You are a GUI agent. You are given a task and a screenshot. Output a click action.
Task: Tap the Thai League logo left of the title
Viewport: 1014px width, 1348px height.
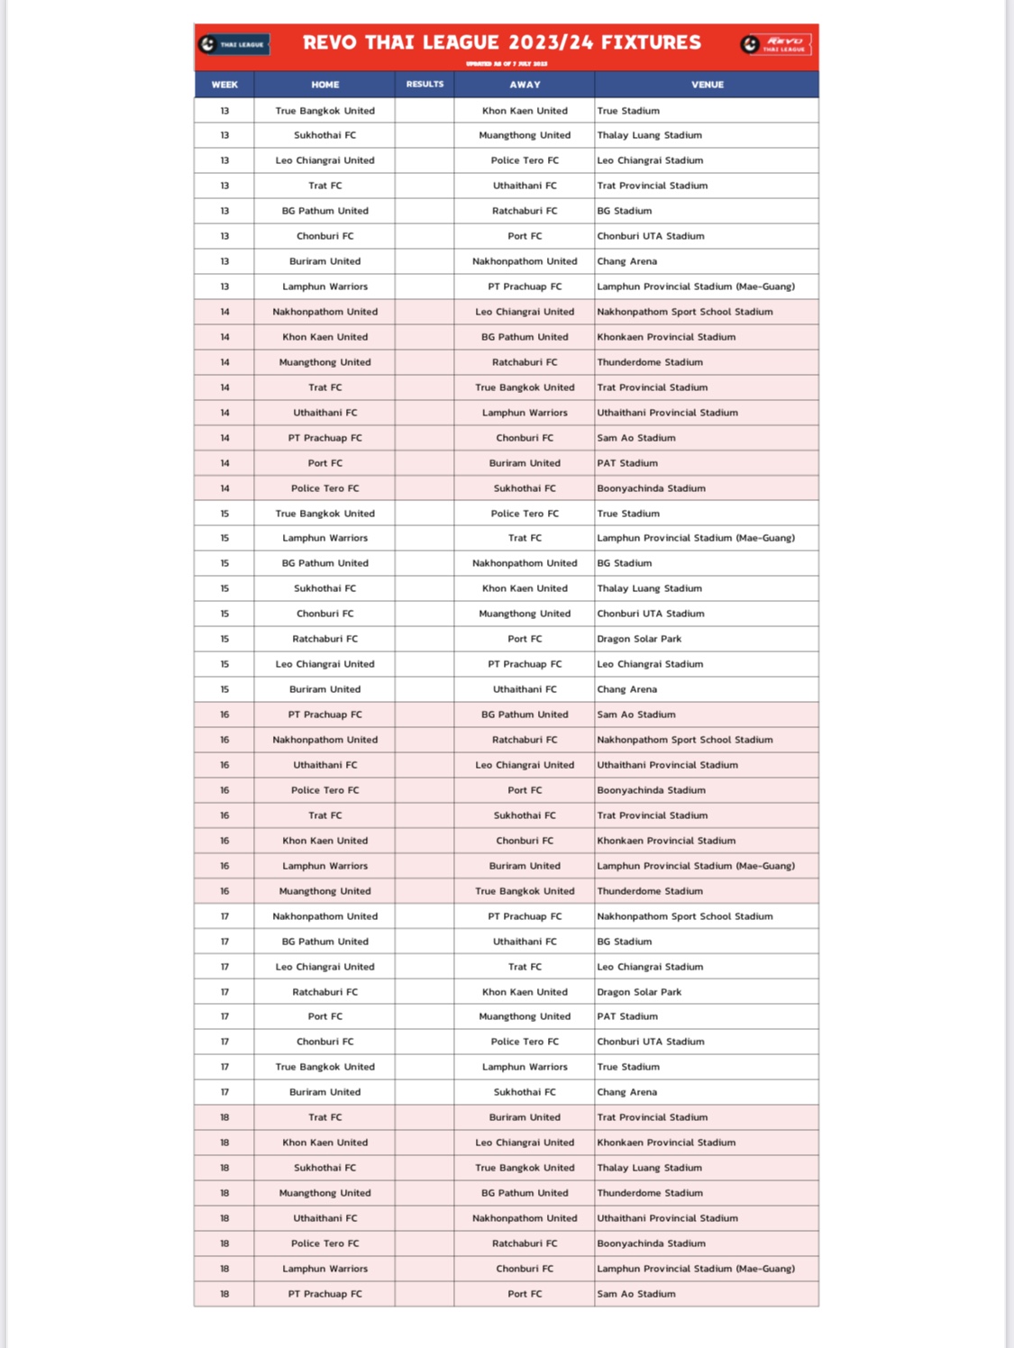233,44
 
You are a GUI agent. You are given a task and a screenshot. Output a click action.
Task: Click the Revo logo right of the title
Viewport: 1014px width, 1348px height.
776,44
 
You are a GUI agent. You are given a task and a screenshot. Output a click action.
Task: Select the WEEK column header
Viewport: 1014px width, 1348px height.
224,85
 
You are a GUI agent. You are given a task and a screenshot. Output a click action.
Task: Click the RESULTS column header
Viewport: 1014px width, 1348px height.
425,84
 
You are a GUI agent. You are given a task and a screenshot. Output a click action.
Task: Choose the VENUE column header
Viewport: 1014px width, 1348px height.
708,85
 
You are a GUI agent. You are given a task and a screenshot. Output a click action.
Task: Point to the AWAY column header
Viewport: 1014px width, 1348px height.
525,85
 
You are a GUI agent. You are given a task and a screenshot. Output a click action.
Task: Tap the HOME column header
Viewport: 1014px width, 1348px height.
325,85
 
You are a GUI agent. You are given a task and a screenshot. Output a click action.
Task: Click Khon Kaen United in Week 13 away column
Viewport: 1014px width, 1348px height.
525,111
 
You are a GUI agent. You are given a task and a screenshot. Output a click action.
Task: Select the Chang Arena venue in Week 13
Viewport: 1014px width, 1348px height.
627,261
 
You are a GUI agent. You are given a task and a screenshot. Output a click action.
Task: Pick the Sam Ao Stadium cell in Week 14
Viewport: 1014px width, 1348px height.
636,438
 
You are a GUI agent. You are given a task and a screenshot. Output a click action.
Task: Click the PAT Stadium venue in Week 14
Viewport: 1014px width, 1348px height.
627,463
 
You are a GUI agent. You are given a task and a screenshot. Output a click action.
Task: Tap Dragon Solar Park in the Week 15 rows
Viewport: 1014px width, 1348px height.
639,639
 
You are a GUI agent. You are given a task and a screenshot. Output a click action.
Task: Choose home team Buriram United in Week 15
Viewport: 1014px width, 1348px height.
325,689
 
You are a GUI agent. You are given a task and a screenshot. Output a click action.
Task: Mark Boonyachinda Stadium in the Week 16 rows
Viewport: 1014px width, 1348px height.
651,790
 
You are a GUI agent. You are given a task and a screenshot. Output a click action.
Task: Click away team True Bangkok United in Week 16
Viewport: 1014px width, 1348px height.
525,891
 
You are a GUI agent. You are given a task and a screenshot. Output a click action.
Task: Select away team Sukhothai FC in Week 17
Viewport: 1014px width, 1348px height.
525,1092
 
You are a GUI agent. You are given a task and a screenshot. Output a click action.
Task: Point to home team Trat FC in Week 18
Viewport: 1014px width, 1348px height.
325,1117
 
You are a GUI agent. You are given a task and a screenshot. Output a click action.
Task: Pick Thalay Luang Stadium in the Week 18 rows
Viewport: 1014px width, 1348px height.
649,1168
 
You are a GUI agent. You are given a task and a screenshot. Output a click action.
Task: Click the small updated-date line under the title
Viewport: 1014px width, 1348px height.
506,64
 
